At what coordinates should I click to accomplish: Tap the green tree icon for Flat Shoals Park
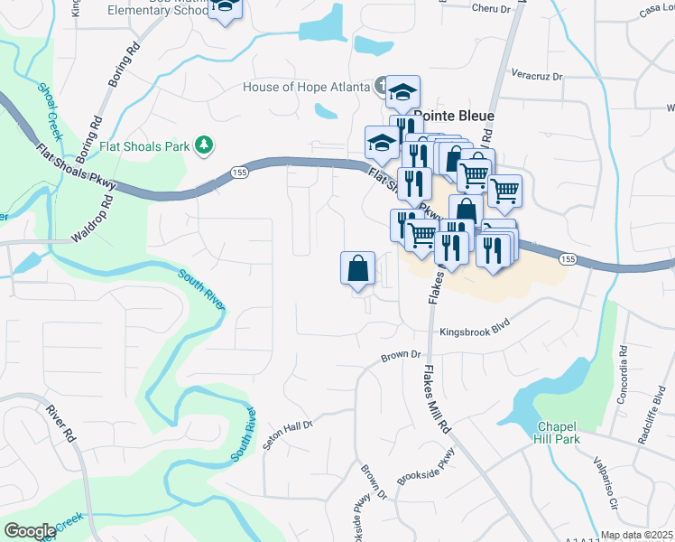206,145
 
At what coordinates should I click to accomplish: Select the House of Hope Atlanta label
307,87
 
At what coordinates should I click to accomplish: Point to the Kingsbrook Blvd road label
476,332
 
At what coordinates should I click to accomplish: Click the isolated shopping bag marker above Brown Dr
358,268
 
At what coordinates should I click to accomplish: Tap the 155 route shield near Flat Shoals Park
239,171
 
